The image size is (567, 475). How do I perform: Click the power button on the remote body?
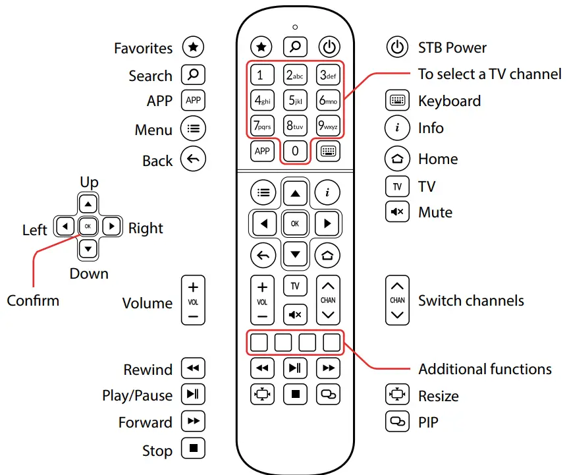click(x=329, y=47)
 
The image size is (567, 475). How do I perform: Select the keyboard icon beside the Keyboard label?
click(x=396, y=101)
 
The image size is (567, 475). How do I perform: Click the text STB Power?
click(x=452, y=47)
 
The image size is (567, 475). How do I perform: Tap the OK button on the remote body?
click(x=295, y=224)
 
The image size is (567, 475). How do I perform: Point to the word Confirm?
click(x=33, y=300)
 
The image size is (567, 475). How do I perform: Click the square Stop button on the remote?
click(x=295, y=394)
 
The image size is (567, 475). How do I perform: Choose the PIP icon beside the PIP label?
click(x=396, y=422)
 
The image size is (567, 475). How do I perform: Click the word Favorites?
click(x=143, y=48)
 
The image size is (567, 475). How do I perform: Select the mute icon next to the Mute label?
click(x=396, y=212)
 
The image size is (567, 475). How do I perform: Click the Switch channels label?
click(x=471, y=300)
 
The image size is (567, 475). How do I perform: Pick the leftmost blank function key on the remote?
click(x=259, y=342)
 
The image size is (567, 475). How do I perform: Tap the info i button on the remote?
click(x=327, y=192)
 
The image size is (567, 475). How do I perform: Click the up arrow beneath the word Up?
click(x=89, y=203)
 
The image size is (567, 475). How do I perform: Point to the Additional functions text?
click(x=485, y=369)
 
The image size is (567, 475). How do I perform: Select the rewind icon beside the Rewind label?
click(x=193, y=368)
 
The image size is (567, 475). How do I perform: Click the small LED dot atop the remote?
click(x=295, y=27)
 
